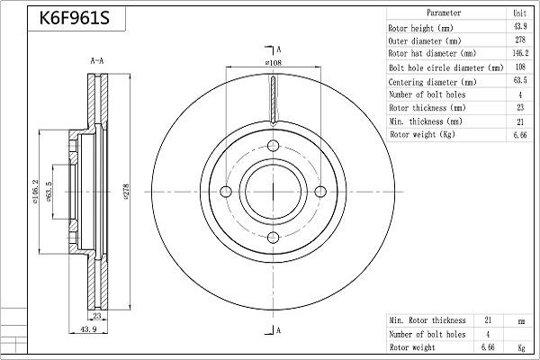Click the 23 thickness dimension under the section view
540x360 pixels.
tap(98, 316)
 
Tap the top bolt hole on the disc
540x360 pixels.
tap(272, 144)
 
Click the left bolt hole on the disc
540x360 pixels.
tap(224, 191)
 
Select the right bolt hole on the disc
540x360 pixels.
tap(319, 191)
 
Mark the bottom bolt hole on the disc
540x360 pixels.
tap(272, 238)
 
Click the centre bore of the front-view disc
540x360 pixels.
tap(272, 191)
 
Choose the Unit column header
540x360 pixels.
tap(519, 13)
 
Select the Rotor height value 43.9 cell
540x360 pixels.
tap(519, 27)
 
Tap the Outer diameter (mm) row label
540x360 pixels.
tap(426, 40)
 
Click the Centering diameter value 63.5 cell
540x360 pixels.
tap(519, 81)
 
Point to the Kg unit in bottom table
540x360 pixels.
tap(520, 346)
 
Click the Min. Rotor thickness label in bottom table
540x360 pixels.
tap(427, 320)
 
